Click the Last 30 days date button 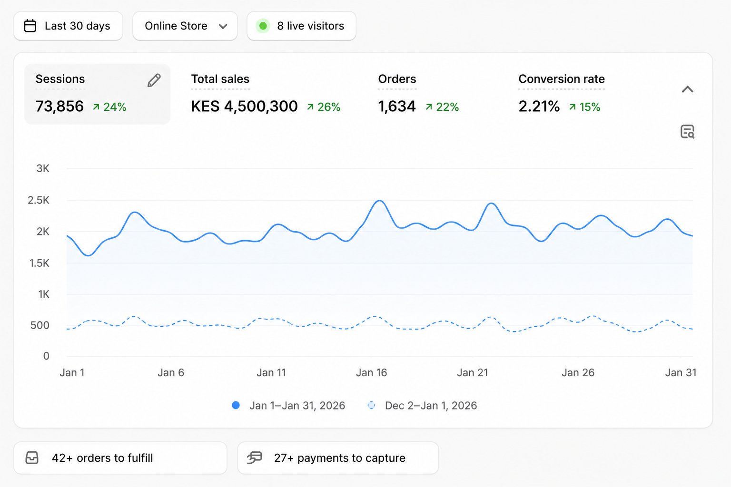click(x=68, y=26)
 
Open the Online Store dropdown click(x=185, y=26)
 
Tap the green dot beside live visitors click(x=263, y=26)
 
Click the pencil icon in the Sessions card click(x=154, y=80)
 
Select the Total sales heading click(x=220, y=79)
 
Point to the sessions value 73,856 click(x=59, y=107)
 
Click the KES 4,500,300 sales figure click(x=244, y=107)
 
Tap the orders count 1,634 click(x=397, y=107)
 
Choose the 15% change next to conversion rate click(x=584, y=107)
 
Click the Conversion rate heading click(x=561, y=79)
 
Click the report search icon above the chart click(x=687, y=132)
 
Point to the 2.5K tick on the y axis click(x=39, y=200)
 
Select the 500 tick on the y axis click(x=40, y=325)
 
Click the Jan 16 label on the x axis click(x=371, y=372)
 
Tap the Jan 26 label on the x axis click(x=578, y=372)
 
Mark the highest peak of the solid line click(x=379, y=201)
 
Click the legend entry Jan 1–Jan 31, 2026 click(x=288, y=406)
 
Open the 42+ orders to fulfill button click(x=120, y=458)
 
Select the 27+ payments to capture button click(x=338, y=458)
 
